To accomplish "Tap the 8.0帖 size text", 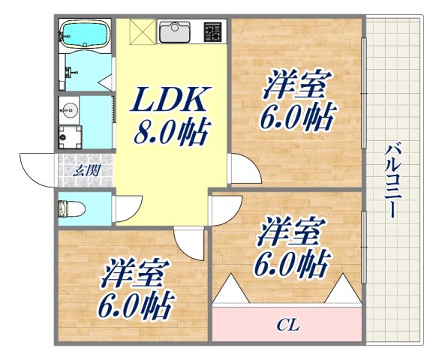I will click(x=170, y=133).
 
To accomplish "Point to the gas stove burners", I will click(x=213, y=32).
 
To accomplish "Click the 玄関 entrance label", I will click(x=84, y=169).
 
